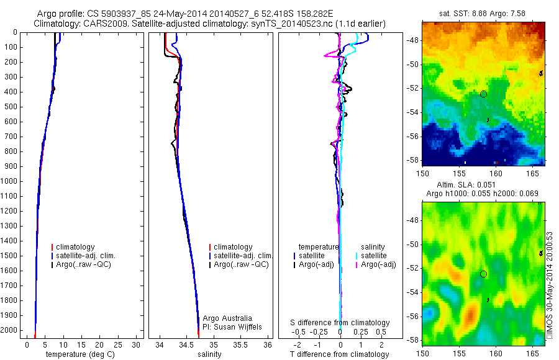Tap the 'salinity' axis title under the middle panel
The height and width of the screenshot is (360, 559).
tap(209, 354)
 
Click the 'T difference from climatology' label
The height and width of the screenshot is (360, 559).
tap(339, 354)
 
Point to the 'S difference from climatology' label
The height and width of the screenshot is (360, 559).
tap(340, 323)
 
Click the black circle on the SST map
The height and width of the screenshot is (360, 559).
tap(483, 94)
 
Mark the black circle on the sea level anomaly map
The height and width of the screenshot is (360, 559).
tap(483, 274)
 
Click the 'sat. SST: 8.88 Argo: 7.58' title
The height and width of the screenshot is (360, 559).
tap(482, 13)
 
